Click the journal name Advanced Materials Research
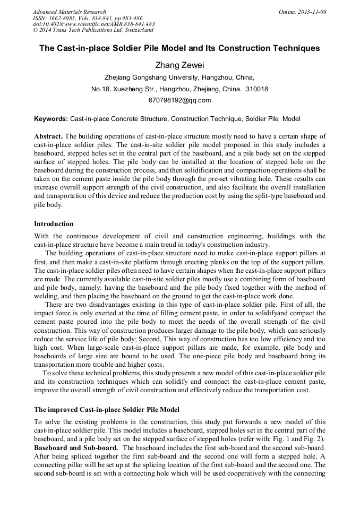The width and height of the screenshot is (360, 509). tap(69, 12)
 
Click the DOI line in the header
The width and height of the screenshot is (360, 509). tap(93, 24)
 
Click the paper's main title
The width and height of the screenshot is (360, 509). tap(179, 48)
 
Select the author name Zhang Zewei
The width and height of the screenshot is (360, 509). tap(179, 65)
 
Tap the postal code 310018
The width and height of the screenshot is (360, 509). tap(257, 89)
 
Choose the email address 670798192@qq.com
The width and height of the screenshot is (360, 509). tap(179, 100)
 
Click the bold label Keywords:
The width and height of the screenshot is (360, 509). tap(51, 119)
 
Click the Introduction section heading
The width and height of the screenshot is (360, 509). tap(54, 224)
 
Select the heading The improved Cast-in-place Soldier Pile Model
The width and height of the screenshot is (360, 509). tap(107, 410)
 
